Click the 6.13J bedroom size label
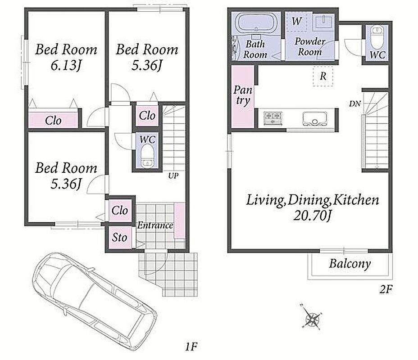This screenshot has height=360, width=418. coord(66,65)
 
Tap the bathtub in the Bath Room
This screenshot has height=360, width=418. coord(256,22)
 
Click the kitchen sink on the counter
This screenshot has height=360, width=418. coord(314,119)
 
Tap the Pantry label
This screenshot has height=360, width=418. coord(243,95)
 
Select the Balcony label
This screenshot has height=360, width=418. coord(350,264)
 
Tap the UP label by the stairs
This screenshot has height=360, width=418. coord(173,175)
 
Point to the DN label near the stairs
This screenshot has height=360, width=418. coord(355,103)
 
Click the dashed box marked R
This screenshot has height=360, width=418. coord(323,76)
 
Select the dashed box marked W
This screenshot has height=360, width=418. coord(296,21)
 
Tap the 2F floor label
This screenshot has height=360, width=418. coord(386,289)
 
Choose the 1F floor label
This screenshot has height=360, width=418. coord(191,346)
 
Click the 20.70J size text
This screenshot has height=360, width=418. coord(312,215)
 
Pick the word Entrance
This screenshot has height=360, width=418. coord(155,225)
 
